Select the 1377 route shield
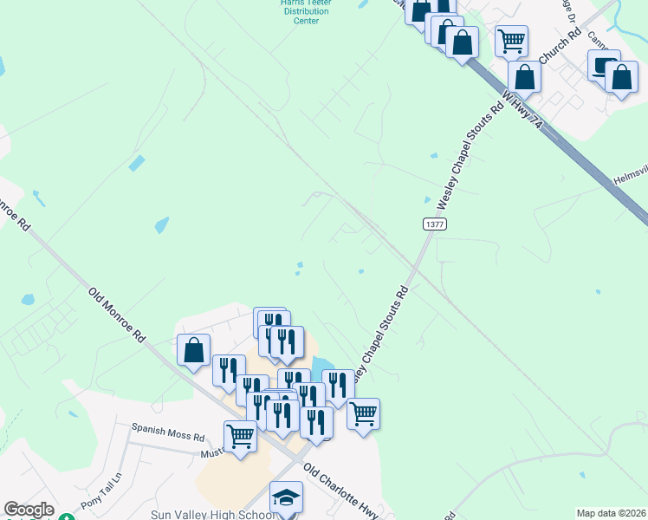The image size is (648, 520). tap(435, 224)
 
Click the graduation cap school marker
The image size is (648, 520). tap(286, 497)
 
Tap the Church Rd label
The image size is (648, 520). tap(559, 48)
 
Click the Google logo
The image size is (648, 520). tap(29, 510)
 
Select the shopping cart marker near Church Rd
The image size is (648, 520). tap(511, 40)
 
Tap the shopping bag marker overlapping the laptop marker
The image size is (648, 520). tap(621, 77)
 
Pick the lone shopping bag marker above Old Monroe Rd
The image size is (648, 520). tap(193, 349)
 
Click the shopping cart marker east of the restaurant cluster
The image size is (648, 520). tap(363, 413)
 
